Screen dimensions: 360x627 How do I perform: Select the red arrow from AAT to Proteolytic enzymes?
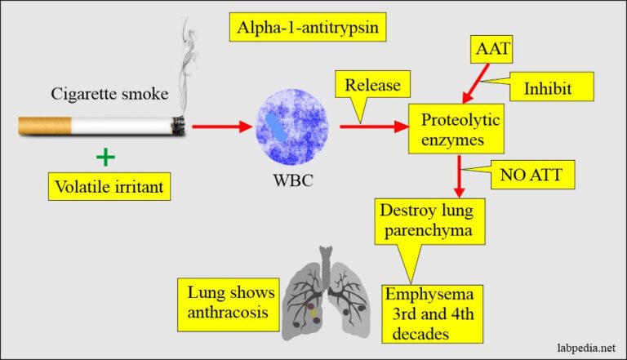(x=474, y=84)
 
